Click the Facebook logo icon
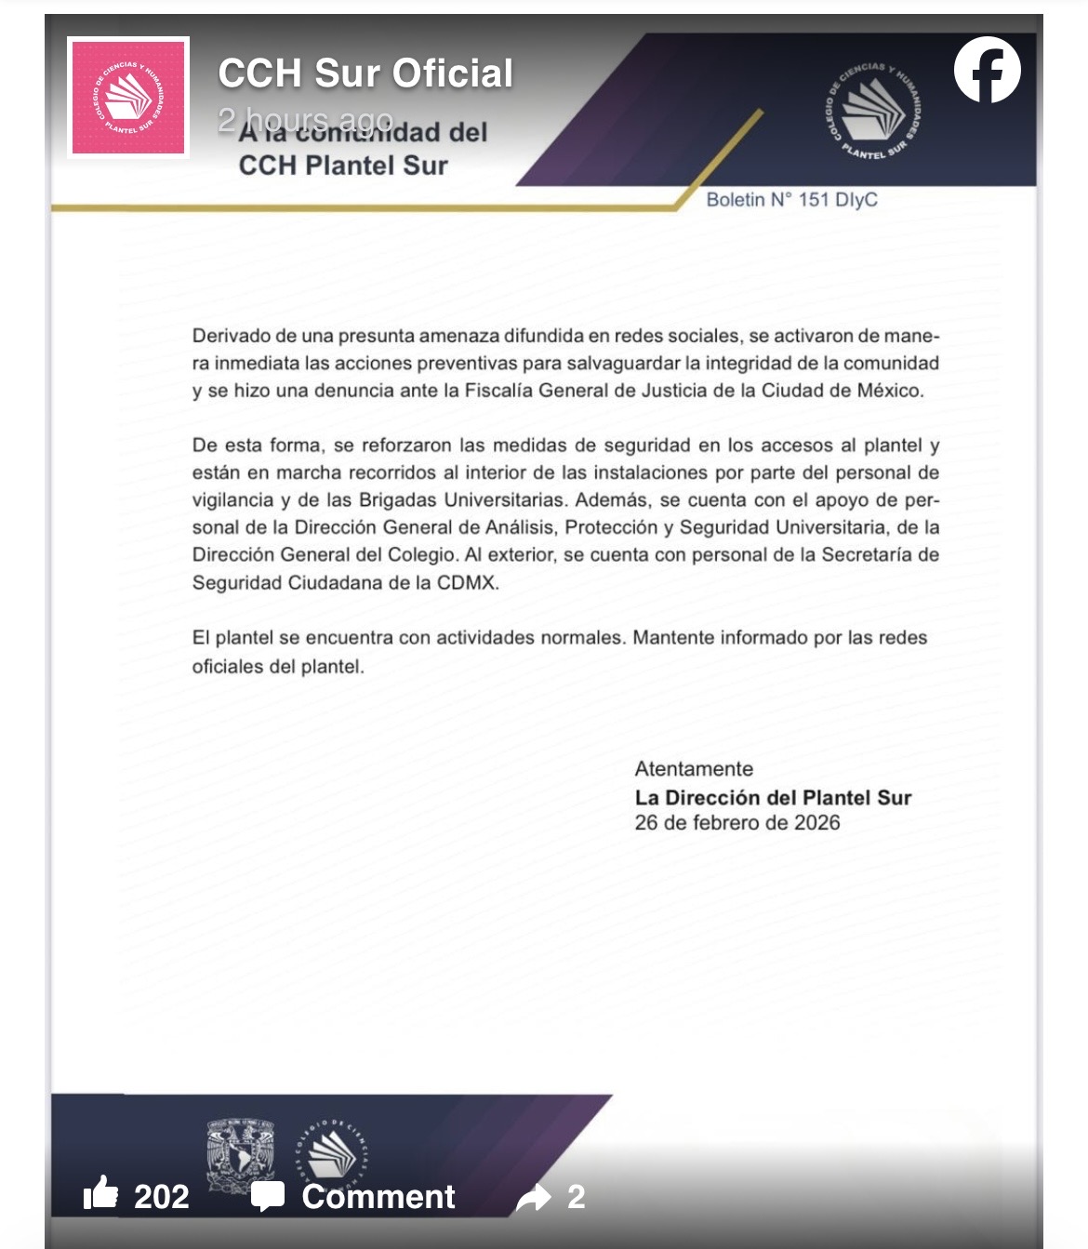(987, 70)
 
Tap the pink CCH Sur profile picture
(128, 97)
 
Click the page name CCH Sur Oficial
(365, 73)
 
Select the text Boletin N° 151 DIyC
(791, 200)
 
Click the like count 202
(162, 1196)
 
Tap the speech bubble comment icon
(268, 1196)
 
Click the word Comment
(378, 1196)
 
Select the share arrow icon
(534, 1198)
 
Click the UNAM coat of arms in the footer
(241, 1156)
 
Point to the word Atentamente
(694, 769)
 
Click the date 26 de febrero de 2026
(737, 823)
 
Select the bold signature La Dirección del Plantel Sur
(773, 797)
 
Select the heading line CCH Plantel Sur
(343, 166)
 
